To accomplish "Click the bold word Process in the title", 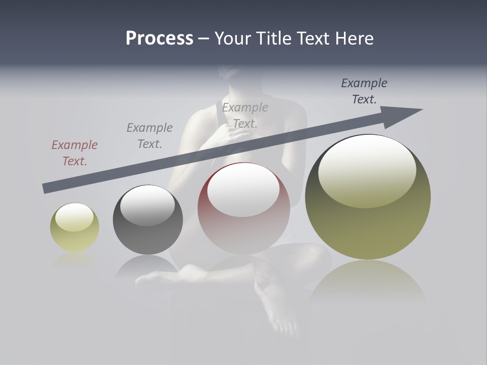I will [159, 39].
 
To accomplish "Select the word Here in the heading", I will [353, 39].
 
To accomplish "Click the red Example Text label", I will [75, 153].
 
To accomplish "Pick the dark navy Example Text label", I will [364, 91].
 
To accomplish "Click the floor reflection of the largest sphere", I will [368, 281].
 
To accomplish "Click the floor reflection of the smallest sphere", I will [74, 259].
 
